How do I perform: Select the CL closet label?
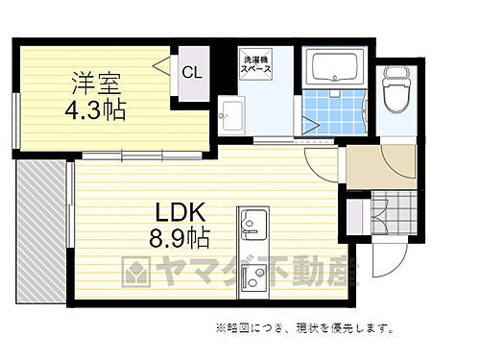click(192, 72)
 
